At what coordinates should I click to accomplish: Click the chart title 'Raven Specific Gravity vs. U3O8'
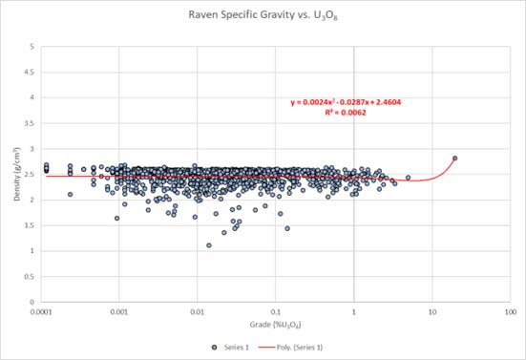pyautogui.click(x=263, y=16)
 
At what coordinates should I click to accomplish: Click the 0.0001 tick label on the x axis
pyautogui.click(x=41, y=312)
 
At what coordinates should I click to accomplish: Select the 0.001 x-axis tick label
pyautogui.click(x=119, y=312)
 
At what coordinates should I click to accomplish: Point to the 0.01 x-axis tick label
pyautogui.click(x=198, y=312)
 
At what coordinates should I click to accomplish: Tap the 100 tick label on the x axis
pyautogui.click(x=511, y=312)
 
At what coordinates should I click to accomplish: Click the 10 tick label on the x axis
pyautogui.click(x=432, y=312)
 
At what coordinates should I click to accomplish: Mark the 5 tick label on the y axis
pyautogui.click(x=33, y=47)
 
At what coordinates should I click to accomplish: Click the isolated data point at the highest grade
pyautogui.click(x=455, y=159)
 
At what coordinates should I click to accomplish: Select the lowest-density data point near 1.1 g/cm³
pyautogui.click(x=209, y=245)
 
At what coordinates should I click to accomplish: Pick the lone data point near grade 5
pyautogui.click(x=409, y=178)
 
